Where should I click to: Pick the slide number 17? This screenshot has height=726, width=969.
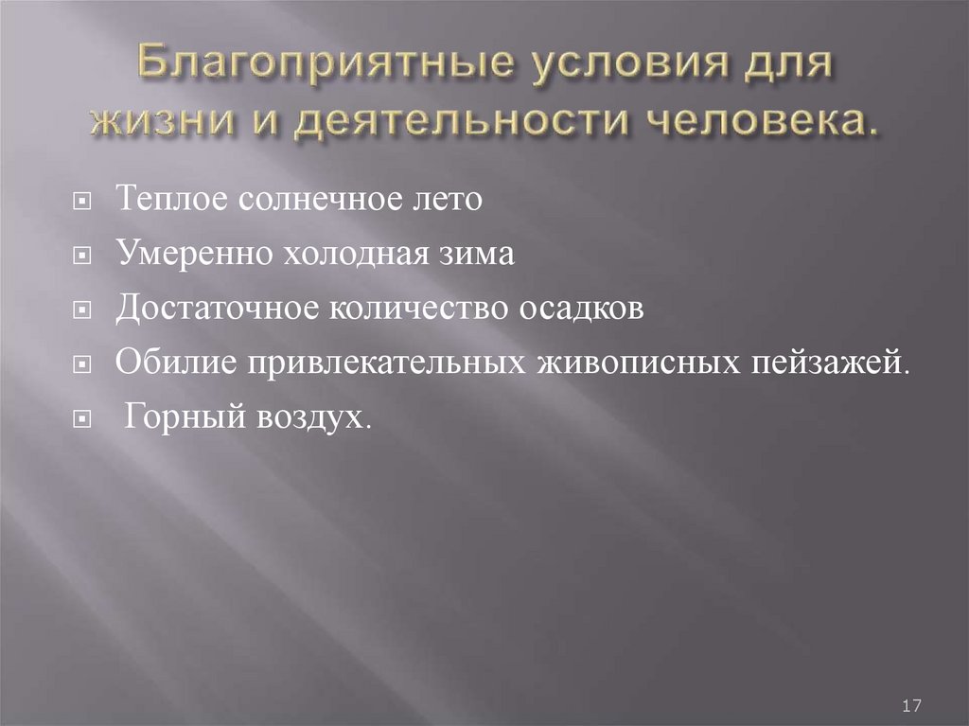912,706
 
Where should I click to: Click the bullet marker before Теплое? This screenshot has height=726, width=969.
83,202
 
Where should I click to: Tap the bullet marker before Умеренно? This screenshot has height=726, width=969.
83,256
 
